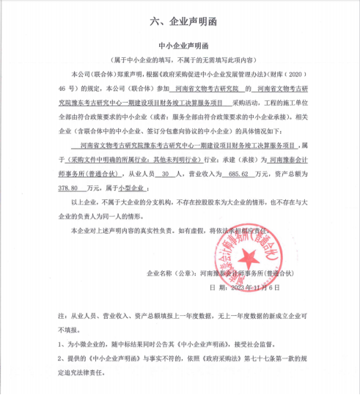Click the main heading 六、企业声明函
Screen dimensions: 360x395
(180, 23)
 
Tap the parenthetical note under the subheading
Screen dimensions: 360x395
(180, 61)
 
